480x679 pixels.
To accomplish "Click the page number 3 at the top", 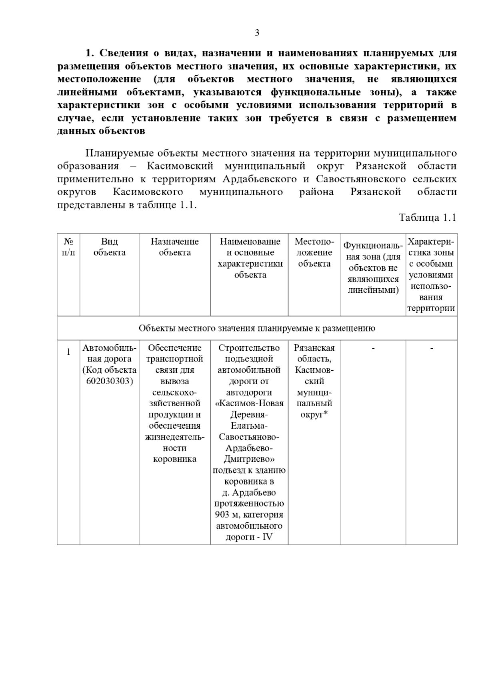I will [x=257, y=33].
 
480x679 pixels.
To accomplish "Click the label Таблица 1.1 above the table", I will [x=427, y=218].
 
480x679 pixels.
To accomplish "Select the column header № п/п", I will [x=68, y=247].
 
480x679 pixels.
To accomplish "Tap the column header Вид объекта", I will [x=109, y=247].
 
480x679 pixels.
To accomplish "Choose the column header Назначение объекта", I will [x=174, y=247].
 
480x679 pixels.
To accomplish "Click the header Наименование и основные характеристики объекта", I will [x=250, y=258].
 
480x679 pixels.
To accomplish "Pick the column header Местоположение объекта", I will [x=314, y=252].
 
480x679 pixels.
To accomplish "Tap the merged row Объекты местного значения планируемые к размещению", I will [x=257, y=328].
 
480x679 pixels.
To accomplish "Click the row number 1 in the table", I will [x=68, y=351].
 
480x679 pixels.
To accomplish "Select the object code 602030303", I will [x=109, y=381].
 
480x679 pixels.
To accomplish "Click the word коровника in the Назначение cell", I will [x=174, y=459].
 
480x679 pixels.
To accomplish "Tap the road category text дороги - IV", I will [x=249, y=537].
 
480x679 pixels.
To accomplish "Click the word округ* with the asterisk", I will [x=314, y=415].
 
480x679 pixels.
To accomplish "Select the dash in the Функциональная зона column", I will [x=373, y=348].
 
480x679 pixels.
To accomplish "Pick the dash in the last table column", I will [x=431, y=348].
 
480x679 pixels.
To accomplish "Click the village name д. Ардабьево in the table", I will [x=249, y=492].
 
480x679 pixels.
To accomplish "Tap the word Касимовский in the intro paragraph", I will [x=180, y=166].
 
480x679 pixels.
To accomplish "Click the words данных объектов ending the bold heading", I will [x=101, y=131].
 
